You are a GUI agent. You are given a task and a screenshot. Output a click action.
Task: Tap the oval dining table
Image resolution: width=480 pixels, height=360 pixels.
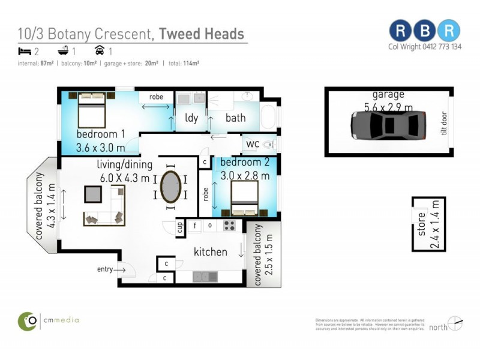170,187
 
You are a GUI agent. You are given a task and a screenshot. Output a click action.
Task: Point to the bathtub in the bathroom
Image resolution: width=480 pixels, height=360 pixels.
268,115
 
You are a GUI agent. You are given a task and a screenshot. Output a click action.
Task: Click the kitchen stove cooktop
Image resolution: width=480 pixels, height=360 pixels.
229,226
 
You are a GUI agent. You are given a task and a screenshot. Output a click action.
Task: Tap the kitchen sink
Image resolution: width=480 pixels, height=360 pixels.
205,277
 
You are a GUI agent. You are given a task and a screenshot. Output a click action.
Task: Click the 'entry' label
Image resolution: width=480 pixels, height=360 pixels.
105,269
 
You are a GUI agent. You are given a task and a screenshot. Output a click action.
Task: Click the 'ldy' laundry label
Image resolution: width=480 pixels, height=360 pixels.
191,118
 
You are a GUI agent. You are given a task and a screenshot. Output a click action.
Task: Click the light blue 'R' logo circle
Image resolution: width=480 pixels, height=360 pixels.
448,31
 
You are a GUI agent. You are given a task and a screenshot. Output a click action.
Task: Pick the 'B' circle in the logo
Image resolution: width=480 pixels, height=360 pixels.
425,31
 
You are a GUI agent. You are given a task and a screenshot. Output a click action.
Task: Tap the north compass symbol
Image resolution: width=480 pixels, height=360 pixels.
455,323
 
